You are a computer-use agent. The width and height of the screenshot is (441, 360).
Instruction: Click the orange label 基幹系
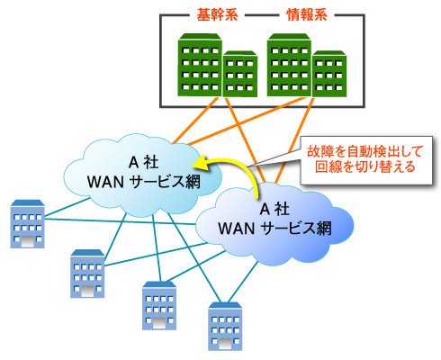[217, 14]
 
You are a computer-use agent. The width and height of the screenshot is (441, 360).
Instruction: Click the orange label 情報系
[307, 14]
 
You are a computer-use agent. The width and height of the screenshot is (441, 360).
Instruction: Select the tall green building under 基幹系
[200, 65]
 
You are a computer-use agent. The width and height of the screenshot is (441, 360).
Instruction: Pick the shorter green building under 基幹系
[240, 74]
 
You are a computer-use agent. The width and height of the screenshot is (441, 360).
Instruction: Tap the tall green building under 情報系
[289, 65]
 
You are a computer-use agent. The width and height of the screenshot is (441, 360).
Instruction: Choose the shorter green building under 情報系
[329, 74]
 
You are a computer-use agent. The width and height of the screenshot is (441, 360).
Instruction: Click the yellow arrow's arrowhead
[201, 163]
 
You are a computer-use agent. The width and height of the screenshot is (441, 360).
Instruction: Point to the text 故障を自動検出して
[365, 151]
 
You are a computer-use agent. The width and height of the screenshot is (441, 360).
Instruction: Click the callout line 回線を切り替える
[365, 166]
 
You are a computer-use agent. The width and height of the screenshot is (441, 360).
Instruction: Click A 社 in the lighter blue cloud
[143, 163]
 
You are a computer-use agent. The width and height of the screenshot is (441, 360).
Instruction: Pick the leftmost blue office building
[28, 224]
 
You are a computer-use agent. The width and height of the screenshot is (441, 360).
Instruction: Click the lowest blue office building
[225, 327]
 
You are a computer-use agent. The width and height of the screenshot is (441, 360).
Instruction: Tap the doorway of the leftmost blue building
[28, 241]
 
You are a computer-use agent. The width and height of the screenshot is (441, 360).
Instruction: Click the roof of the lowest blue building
[225, 305]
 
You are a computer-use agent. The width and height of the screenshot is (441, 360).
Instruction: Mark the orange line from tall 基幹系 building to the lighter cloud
[195, 121]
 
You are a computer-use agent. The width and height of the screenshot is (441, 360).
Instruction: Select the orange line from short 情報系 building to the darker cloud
[295, 140]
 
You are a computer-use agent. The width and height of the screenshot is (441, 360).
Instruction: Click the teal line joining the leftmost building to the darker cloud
[120, 221]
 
